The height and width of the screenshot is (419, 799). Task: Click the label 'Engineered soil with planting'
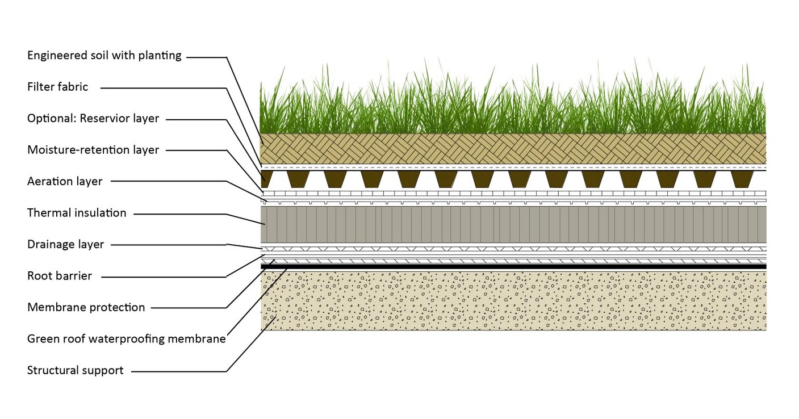point(104,56)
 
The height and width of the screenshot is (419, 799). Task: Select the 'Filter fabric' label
point(58,87)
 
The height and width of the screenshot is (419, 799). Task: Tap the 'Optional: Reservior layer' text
point(93,119)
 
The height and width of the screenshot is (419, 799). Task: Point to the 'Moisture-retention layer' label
point(93,150)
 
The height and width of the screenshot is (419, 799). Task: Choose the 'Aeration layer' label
point(65,182)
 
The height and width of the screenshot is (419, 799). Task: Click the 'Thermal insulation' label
point(77,213)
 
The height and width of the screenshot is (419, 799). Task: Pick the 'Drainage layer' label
point(66,245)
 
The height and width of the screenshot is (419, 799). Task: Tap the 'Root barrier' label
point(60,276)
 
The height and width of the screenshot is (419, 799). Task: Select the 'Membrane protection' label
point(86,308)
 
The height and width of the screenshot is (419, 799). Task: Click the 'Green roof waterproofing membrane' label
point(127,339)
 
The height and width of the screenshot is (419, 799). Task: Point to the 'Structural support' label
point(76,371)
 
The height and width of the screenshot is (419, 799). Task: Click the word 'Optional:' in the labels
point(52,119)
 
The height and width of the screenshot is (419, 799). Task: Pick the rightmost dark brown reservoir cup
point(742,179)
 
